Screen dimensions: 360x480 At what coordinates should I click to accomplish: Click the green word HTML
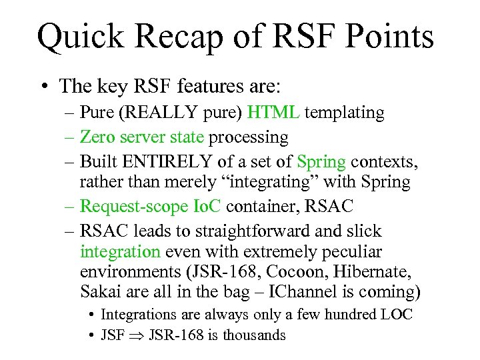(273, 113)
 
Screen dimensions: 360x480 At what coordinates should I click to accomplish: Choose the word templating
(345, 113)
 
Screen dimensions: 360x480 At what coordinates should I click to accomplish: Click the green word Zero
(97, 137)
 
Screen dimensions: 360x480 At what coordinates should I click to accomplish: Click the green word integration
(120, 251)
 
